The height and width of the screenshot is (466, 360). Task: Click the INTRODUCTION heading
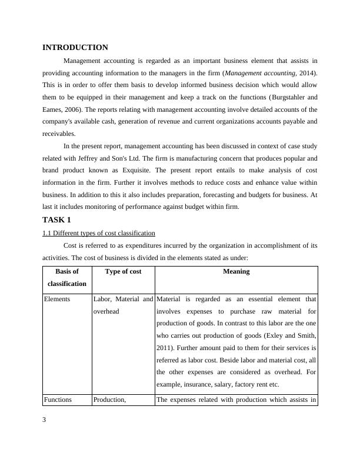[x=75, y=47]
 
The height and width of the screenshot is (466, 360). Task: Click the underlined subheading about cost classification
[x=99, y=232]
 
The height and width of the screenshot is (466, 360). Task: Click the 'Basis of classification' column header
[x=66, y=277]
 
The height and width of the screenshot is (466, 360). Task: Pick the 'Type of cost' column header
[x=123, y=271]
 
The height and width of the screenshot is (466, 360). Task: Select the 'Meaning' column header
[x=236, y=271]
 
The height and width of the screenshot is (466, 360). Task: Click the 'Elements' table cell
[x=57, y=299]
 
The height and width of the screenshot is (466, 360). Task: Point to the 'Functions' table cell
[x=58, y=400]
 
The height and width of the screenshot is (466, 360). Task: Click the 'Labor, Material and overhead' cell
[x=123, y=305]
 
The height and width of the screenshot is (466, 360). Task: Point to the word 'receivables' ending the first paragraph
[x=58, y=134]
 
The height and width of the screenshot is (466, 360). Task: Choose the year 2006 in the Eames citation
[x=73, y=109]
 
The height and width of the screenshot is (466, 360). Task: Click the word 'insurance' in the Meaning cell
[x=199, y=384]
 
